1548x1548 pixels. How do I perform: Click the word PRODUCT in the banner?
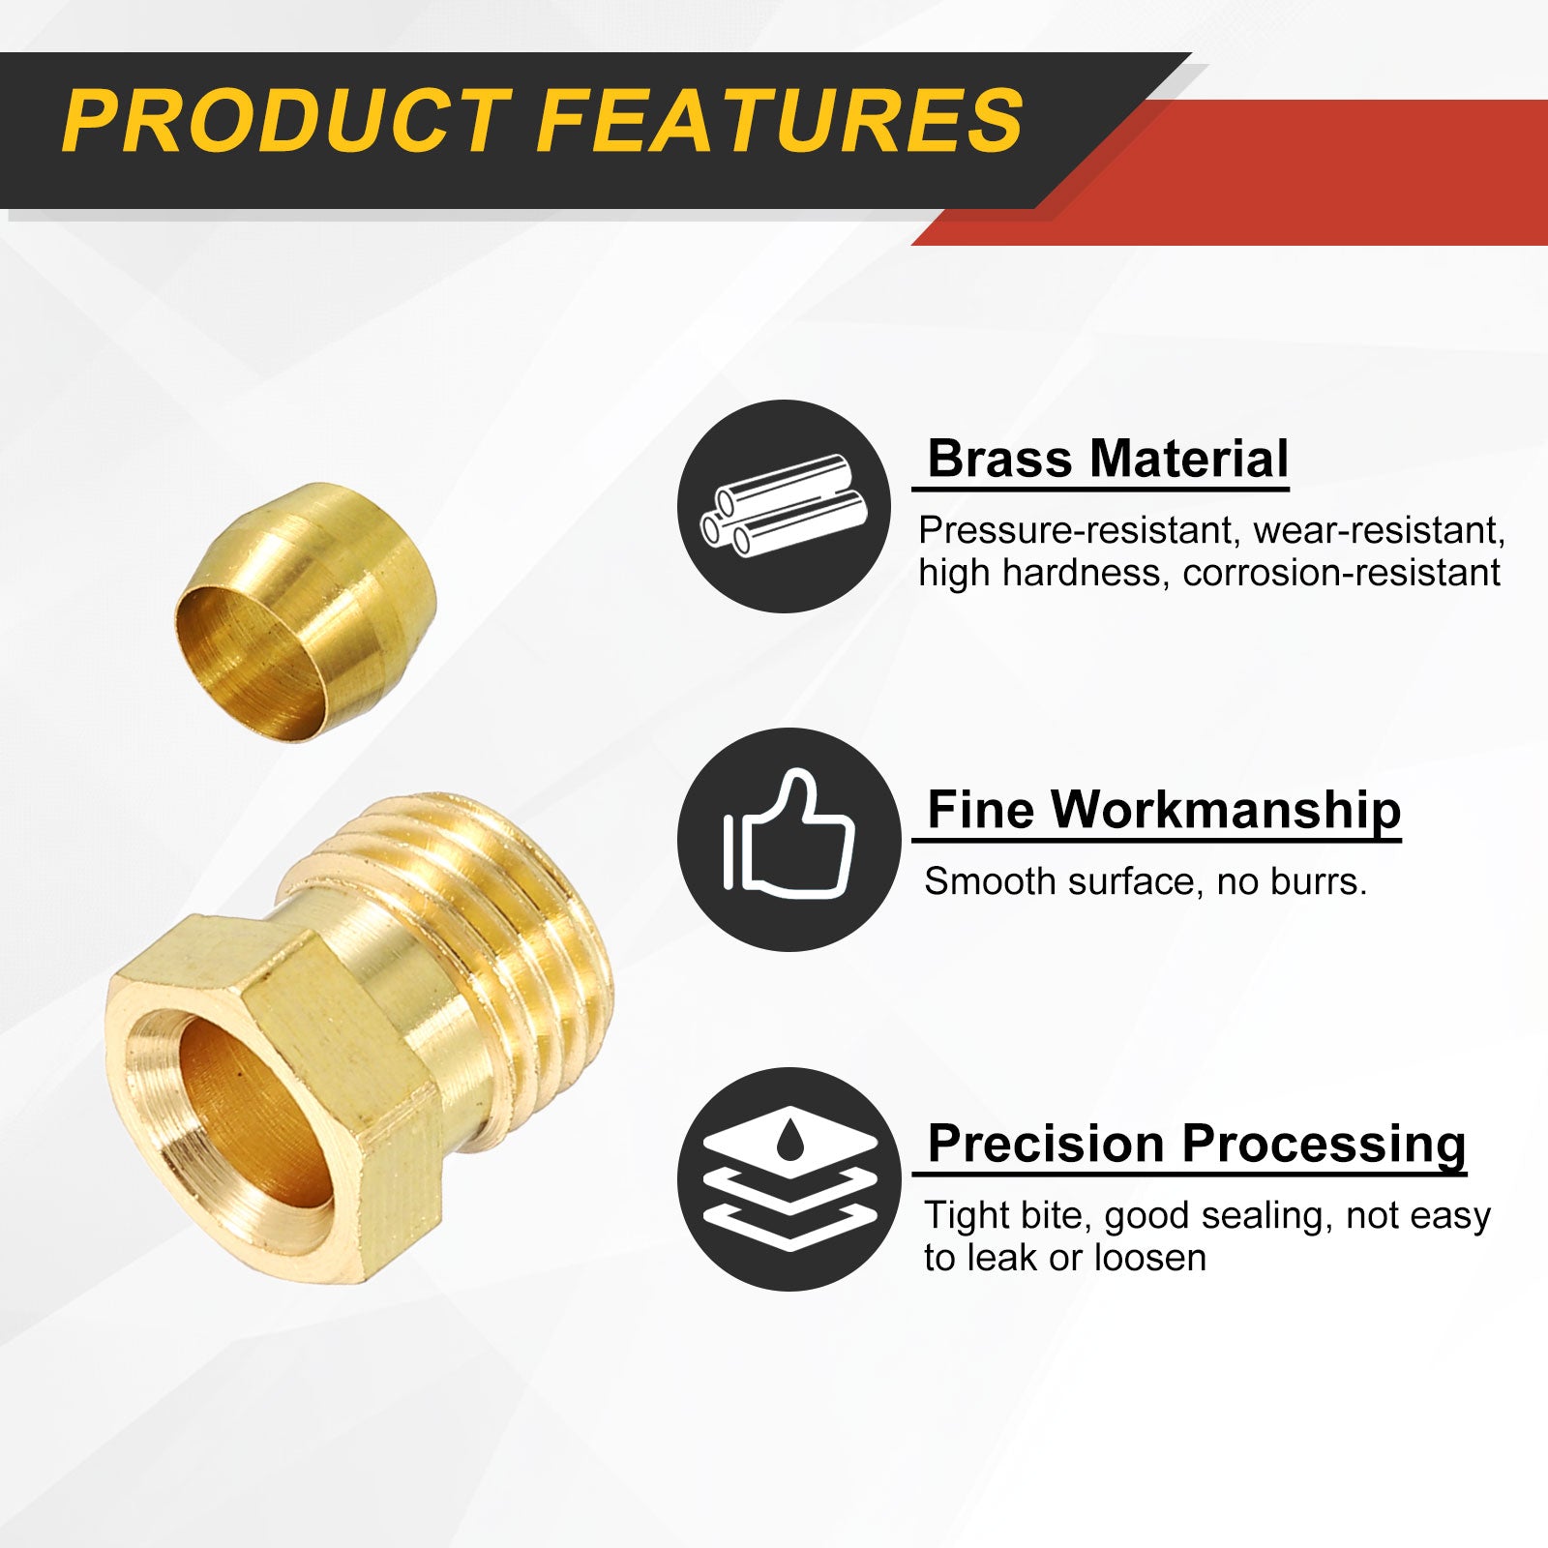click(x=286, y=121)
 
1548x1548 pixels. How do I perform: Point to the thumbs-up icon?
click(x=789, y=834)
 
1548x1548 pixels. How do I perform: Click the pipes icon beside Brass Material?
click(x=783, y=506)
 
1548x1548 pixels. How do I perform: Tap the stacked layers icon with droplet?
click(x=789, y=1177)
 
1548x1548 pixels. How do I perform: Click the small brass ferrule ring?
click(x=306, y=612)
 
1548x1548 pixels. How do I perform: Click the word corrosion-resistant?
click(x=1341, y=573)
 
